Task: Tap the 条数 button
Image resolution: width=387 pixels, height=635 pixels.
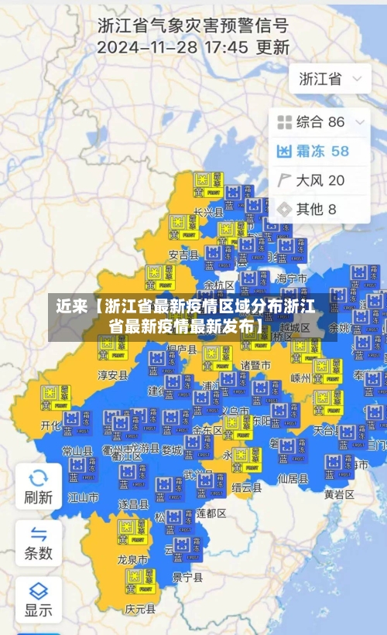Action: [38, 543]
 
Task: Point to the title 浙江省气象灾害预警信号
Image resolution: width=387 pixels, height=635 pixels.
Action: [193, 24]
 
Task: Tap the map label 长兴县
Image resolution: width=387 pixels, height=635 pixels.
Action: [208, 211]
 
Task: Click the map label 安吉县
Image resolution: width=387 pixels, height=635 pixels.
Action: [183, 254]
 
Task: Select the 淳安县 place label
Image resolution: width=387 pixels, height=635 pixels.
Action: [112, 375]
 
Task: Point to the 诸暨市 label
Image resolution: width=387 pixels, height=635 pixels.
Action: [255, 364]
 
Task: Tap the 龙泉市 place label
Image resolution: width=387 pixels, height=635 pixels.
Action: [133, 558]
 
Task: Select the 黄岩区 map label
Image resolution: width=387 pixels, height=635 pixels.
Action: [339, 493]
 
